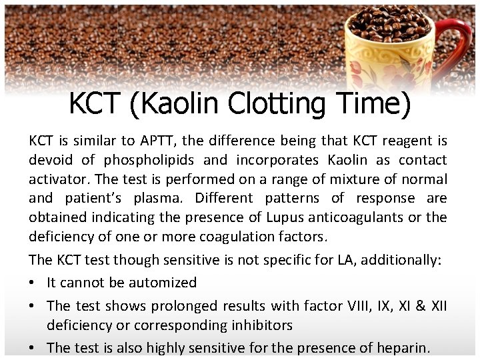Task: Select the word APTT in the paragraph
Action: (x=158, y=141)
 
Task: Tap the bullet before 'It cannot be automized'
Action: (x=33, y=283)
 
